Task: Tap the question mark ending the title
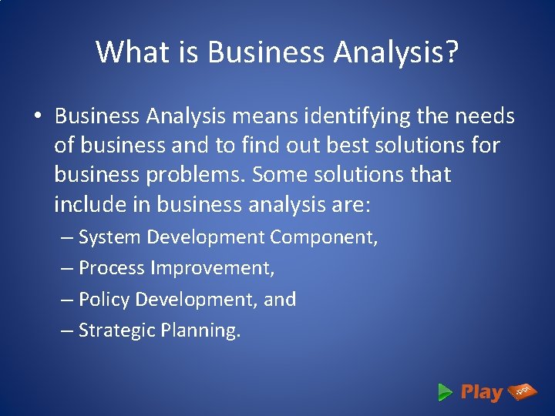451,52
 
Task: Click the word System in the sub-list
110,237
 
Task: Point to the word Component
323,237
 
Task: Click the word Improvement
213,268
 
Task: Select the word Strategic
117,330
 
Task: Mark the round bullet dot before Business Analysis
37,117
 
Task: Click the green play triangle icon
445,392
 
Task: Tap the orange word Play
481,392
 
